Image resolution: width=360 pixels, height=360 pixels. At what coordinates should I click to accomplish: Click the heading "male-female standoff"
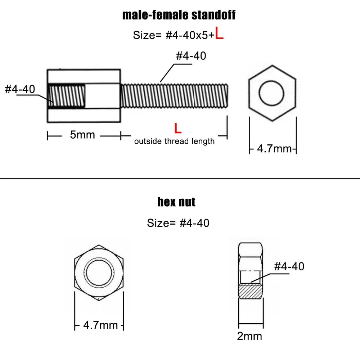pos(179,15)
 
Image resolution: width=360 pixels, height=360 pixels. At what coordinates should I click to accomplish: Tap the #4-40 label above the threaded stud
pos(191,56)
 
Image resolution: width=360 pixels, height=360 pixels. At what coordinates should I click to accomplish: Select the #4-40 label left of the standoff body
pos(20,89)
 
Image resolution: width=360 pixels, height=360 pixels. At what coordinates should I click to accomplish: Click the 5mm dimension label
pos(82,135)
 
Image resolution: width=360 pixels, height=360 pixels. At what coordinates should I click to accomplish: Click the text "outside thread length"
pos(174,141)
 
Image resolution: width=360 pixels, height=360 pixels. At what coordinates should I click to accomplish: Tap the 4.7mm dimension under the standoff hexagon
pos(274,148)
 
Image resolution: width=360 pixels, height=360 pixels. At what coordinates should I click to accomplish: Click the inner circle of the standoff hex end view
pos(272,93)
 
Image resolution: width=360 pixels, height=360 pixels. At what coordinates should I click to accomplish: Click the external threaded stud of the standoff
pos(175,96)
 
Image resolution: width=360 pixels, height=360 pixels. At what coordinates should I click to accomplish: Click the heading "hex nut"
pos(176,202)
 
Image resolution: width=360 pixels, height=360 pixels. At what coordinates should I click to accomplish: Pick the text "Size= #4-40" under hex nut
pos(178,223)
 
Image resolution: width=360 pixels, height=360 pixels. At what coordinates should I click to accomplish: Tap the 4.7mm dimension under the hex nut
pos(100,325)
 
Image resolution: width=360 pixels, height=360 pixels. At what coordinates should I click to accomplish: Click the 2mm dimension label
pos(249,336)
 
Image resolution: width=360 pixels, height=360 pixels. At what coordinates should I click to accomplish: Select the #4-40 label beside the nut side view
pos(289,266)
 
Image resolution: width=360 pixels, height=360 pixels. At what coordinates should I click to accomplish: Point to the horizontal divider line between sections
pos(180,178)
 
